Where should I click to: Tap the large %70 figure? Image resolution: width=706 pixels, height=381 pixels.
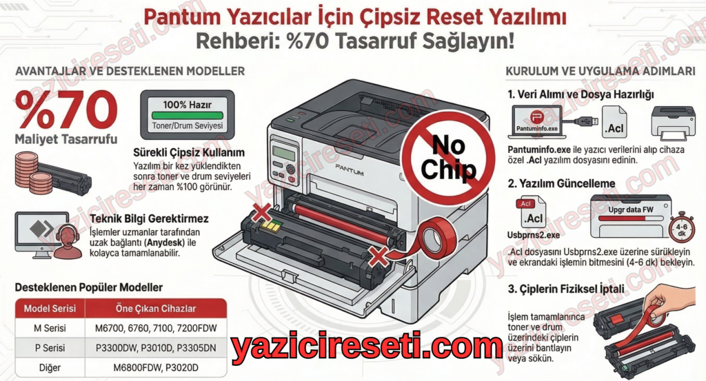pyautogui.click(x=66, y=109)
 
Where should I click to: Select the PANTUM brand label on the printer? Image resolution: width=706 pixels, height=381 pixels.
pyautogui.click(x=349, y=166)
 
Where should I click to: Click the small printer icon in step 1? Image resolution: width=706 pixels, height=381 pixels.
pyautogui.click(x=674, y=122)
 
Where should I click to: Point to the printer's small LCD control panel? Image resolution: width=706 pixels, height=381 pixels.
pyautogui.click(x=284, y=156)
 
